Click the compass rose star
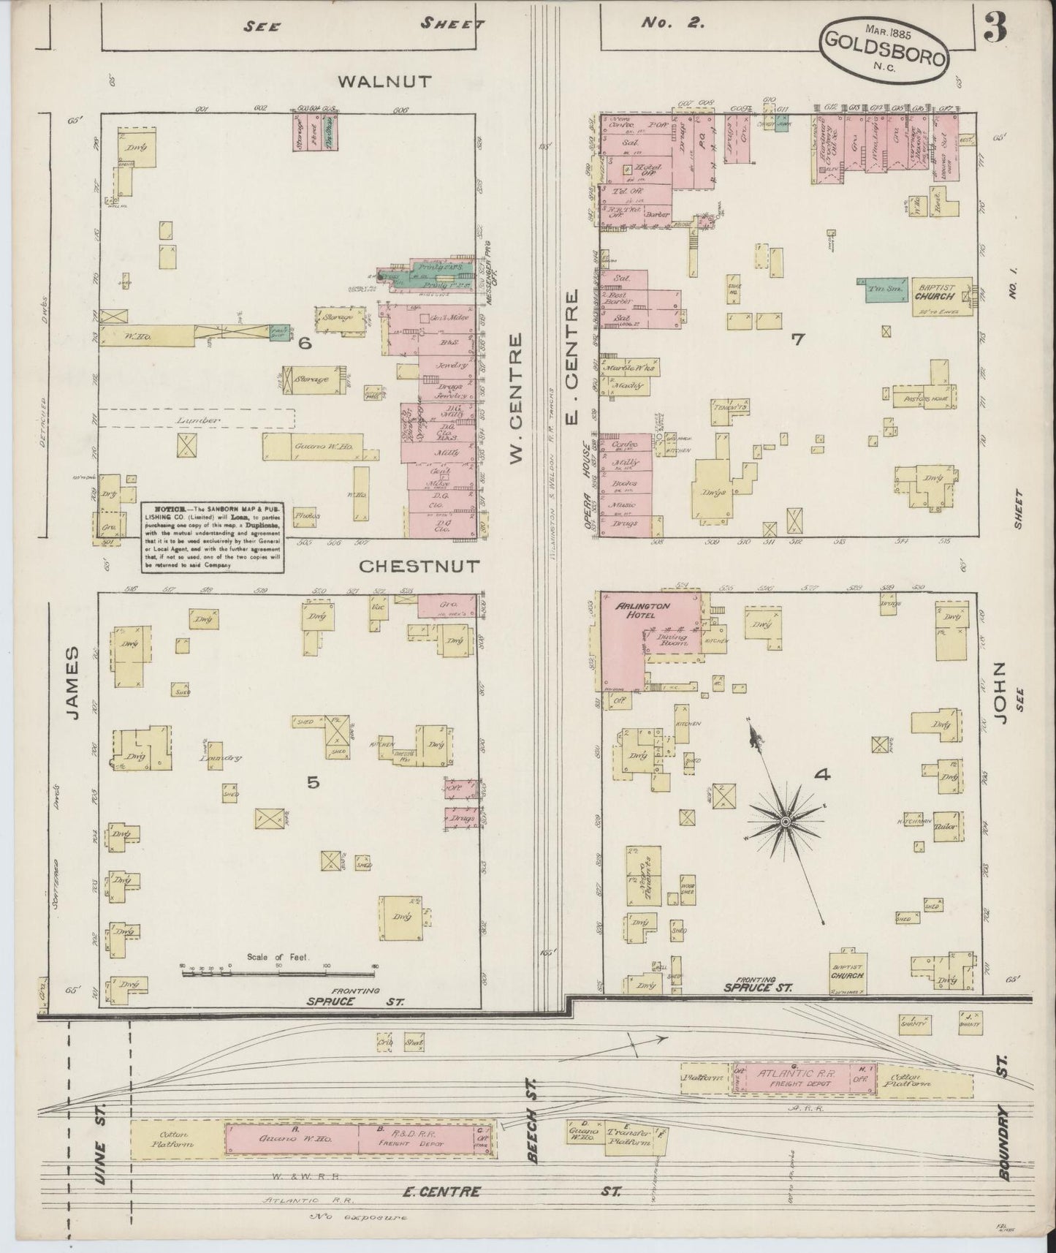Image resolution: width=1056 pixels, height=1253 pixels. pos(785,822)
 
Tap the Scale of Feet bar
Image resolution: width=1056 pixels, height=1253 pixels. pos(278,971)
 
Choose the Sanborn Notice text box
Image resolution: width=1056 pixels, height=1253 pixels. pos(212,537)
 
